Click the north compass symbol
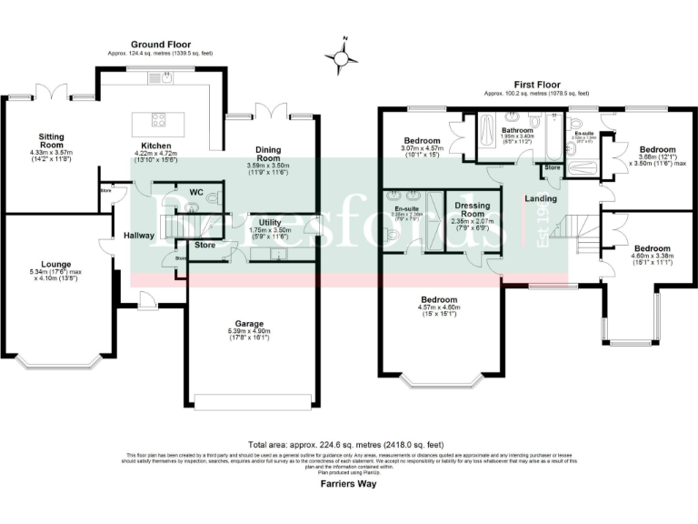342,57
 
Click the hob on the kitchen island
158,118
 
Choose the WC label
196,192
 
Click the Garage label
248,325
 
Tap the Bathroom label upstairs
516,130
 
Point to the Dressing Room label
473,209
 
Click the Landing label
543,197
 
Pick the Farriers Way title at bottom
349,484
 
